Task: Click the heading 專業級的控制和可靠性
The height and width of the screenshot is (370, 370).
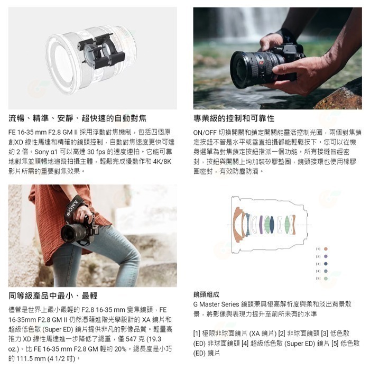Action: coord(234,118)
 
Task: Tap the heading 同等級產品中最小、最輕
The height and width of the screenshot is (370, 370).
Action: coord(53,295)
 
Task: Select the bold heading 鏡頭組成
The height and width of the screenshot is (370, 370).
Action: coord(206,295)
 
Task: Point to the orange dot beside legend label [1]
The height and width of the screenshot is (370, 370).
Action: coord(326,248)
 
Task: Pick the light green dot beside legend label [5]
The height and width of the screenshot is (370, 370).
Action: coord(326,277)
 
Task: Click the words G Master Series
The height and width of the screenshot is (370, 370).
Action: coord(217,305)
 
